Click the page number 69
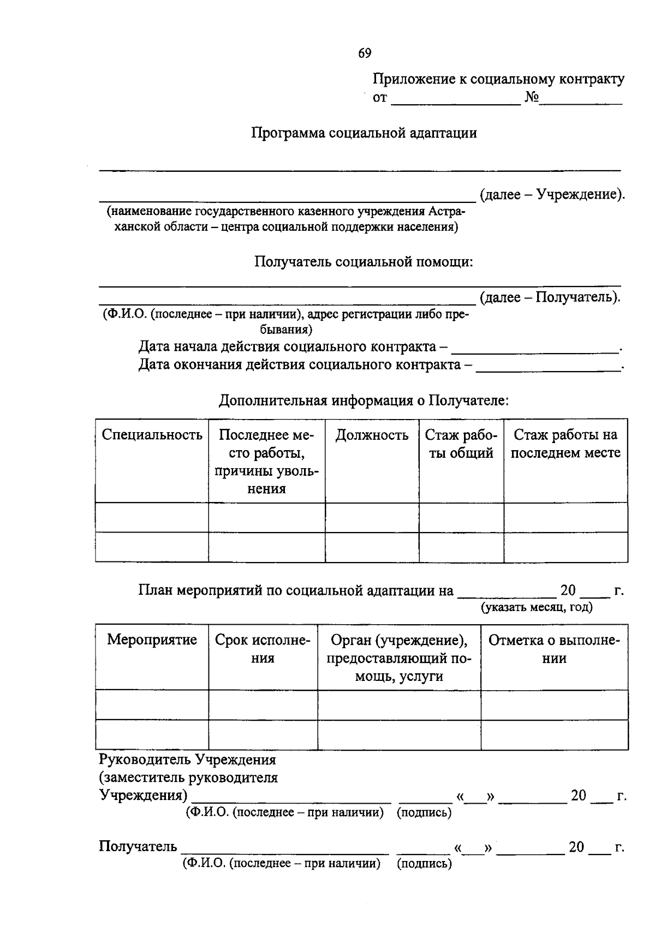[365, 53]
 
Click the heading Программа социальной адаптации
[364, 133]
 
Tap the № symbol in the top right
[532, 98]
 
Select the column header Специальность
[152, 435]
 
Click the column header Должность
[372, 435]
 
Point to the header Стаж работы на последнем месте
[565, 444]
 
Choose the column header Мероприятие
[152, 639]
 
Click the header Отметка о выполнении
[554, 649]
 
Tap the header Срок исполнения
[263, 649]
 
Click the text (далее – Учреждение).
[552, 194]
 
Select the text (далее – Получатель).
[550, 297]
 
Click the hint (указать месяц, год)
[537, 607]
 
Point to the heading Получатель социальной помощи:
[364, 262]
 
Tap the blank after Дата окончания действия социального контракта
[548, 366]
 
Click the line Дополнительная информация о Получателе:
[364, 400]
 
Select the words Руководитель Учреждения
[187, 759]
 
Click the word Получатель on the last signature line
[138, 846]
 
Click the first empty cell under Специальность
[152, 517]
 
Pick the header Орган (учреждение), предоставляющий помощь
[399, 658]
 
